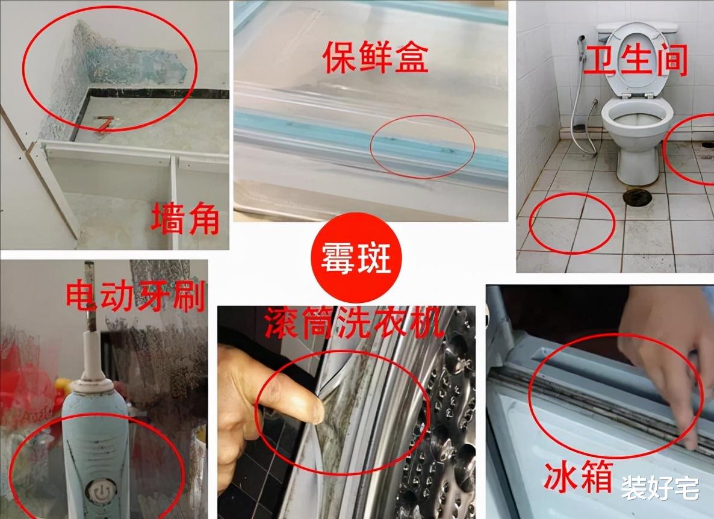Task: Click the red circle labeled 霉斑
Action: point(356,258)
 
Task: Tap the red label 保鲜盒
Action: point(375,58)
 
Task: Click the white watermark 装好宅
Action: point(660,488)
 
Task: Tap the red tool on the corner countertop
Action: point(105,123)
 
